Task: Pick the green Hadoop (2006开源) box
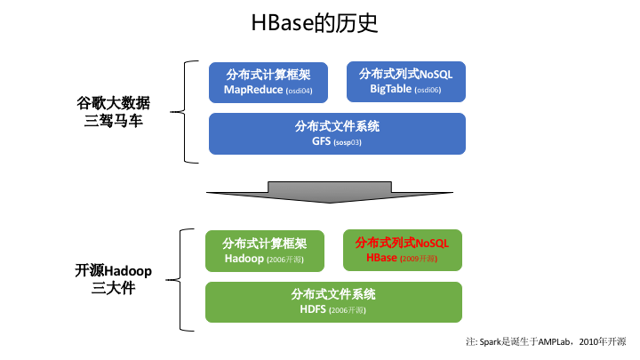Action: click(264, 251)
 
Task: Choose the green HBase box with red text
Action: click(402, 251)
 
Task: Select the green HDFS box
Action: click(333, 301)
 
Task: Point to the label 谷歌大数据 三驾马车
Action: click(111, 111)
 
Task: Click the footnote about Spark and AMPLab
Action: click(546, 341)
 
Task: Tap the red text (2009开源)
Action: click(419, 260)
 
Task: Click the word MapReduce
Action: click(252, 90)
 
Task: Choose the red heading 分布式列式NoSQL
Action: click(402, 242)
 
